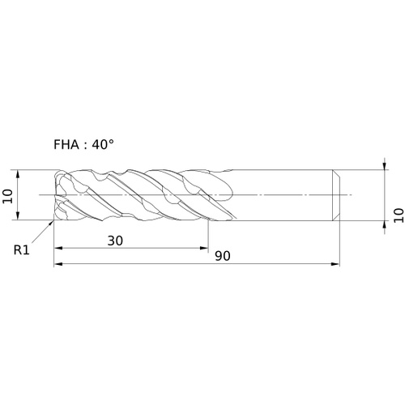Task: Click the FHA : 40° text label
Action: [x=83, y=145]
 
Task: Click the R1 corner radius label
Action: [x=21, y=250]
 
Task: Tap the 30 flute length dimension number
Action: [x=115, y=241]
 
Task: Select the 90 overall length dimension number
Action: [x=223, y=256]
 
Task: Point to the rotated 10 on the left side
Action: [x=7, y=196]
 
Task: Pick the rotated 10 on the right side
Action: [x=399, y=215]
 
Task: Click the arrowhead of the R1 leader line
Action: [x=51, y=223]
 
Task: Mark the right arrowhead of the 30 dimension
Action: [x=204, y=248]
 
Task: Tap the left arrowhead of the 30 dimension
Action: [x=58, y=248]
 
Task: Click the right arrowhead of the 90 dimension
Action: [x=335, y=264]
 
